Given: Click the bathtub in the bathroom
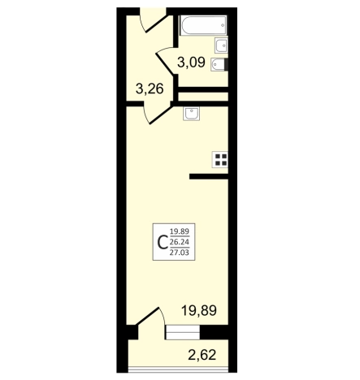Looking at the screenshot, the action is tap(203, 25).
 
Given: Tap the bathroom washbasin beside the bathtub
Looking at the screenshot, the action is tap(221, 45).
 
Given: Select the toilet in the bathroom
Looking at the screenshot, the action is tap(219, 65).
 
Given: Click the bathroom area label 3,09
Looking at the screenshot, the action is tap(191, 63).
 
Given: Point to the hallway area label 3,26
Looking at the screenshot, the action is tap(150, 89).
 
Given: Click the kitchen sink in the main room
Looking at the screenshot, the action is tap(191, 114).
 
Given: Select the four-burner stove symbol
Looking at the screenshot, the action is tap(220, 160).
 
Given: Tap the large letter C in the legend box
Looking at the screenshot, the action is tap(163, 243).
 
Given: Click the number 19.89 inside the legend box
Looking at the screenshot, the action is tap(180, 231).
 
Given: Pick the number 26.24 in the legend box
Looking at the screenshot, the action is tap(180, 242).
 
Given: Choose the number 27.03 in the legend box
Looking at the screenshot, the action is tap(180, 253).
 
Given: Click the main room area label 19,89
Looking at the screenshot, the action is tap(199, 310).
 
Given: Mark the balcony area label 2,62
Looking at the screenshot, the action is tap(202, 355).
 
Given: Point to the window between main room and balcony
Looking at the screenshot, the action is tap(183, 332).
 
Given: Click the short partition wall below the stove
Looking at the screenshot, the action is tap(209, 177).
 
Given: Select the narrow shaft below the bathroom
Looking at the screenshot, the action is tap(203, 97).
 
